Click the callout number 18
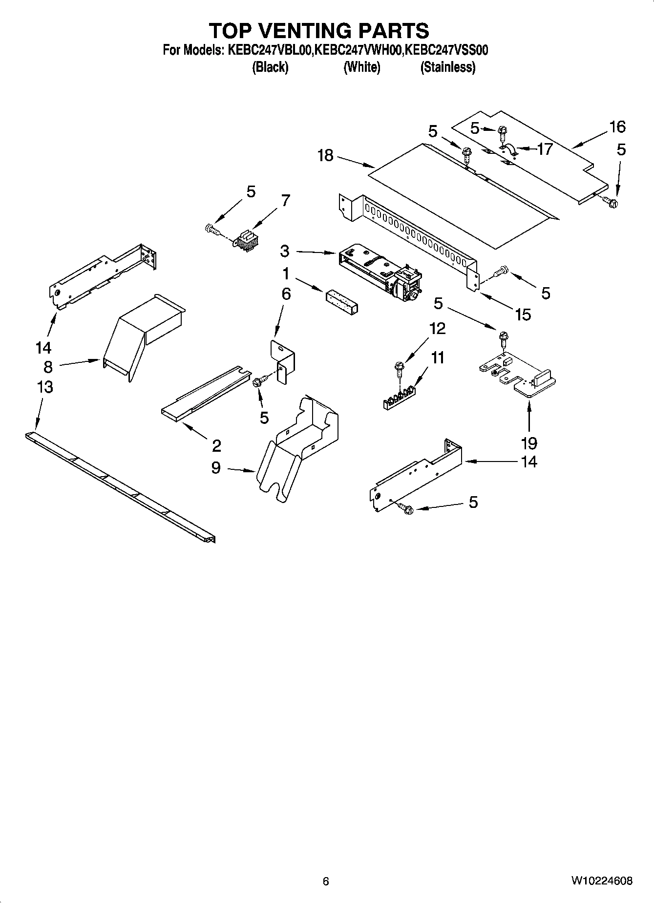(325, 155)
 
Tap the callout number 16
(617, 127)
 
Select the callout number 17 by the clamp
(544, 148)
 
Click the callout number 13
(44, 387)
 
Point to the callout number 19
(528, 443)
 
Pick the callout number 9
(216, 468)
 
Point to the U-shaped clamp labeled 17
(507, 150)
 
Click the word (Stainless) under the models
(447, 67)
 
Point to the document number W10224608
(601, 881)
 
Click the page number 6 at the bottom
(326, 881)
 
